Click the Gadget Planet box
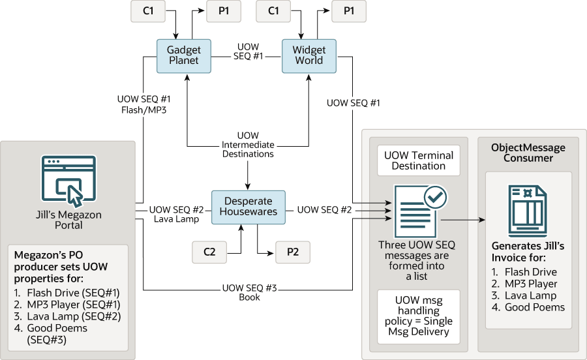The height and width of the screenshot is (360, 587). pyautogui.click(x=184, y=56)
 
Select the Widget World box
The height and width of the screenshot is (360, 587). pyautogui.click(x=309, y=56)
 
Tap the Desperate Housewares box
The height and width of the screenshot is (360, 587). pyautogui.click(x=248, y=207)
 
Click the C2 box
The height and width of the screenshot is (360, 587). pyautogui.click(x=209, y=252)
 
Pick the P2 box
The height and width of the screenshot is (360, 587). pyautogui.click(x=293, y=252)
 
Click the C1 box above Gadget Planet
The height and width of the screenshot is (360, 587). pyautogui.click(x=148, y=11)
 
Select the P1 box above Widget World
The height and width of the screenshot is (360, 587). pyautogui.click(x=349, y=11)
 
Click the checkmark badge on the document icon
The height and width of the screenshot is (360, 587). pyautogui.click(x=435, y=197)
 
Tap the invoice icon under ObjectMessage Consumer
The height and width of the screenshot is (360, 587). pyautogui.click(x=528, y=211)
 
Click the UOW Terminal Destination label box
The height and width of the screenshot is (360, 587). pyautogui.click(x=419, y=160)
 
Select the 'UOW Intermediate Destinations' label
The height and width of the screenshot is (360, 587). pyautogui.click(x=248, y=145)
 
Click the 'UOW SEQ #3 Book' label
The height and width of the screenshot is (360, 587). pyautogui.click(x=249, y=292)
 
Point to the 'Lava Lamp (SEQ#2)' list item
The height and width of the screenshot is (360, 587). pyautogui.click(x=68, y=316)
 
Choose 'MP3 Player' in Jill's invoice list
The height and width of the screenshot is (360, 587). pyautogui.click(x=524, y=284)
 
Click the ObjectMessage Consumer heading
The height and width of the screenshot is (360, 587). pyautogui.click(x=528, y=153)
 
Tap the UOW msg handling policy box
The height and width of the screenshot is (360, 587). pyautogui.click(x=419, y=316)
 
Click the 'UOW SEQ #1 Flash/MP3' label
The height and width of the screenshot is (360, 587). pyautogui.click(x=143, y=104)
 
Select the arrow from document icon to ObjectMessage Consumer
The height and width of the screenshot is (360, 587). pyautogui.click(x=463, y=220)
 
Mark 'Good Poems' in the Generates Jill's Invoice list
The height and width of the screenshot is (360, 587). pyautogui.click(x=528, y=307)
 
